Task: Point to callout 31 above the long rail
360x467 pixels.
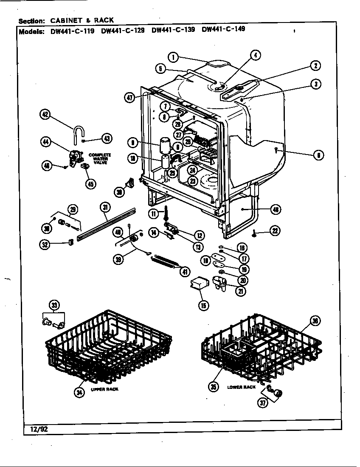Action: [105, 207]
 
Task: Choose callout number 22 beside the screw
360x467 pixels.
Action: [275, 231]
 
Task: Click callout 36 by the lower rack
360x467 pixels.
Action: [315, 321]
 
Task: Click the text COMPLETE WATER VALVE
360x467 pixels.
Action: [100, 158]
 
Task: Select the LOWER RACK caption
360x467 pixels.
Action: [241, 387]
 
